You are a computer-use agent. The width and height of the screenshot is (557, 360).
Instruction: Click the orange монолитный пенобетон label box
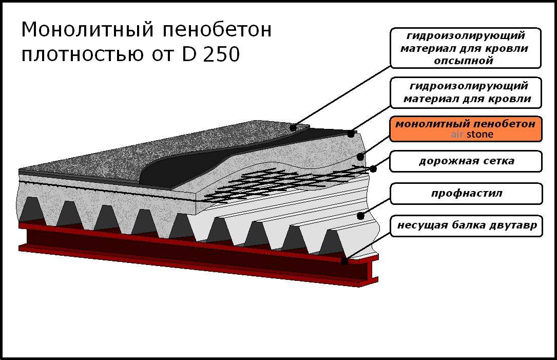coord(466,129)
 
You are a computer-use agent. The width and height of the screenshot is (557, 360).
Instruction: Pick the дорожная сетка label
coord(466,161)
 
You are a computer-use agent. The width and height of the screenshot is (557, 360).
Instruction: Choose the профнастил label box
coord(466,194)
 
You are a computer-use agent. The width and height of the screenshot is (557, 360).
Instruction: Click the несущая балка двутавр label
coord(466,225)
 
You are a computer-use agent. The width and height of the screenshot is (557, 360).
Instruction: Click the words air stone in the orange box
coord(472,135)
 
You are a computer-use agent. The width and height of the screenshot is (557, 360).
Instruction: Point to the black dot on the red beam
coord(344,261)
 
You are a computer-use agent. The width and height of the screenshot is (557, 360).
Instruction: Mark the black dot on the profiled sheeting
coord(361,216)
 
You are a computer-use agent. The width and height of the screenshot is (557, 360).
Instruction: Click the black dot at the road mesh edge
coord(373,168)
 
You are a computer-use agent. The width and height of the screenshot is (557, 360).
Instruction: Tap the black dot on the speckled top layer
coord(293,127)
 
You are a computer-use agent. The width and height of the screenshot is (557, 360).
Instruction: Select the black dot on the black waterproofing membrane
coord(351,134)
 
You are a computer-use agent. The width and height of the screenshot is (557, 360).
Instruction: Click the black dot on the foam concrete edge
coord(360,156)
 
